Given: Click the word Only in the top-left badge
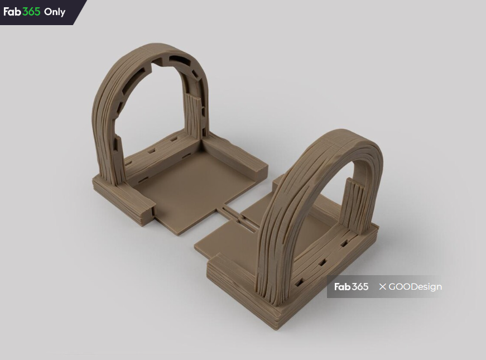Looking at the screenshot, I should click(55, 12).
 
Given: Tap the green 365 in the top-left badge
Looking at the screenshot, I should click(31, 12).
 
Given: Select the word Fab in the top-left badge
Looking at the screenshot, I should click(12, 12).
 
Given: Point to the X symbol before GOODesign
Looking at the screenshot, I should click(382, 287).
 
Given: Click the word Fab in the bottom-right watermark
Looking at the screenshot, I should click(343, 287).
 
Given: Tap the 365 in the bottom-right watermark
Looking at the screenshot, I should click(360, 287).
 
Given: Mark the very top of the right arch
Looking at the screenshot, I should click(352, 134).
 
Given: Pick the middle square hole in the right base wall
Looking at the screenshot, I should click(323, 263).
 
